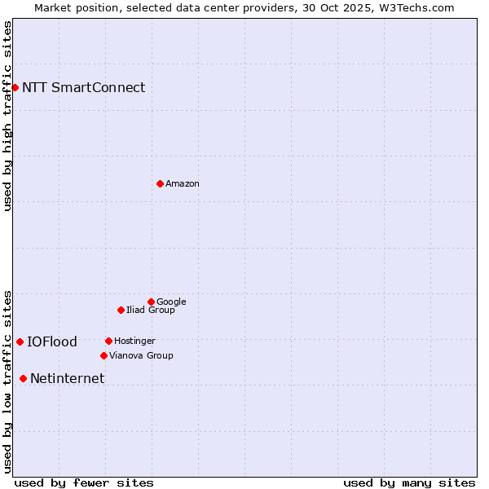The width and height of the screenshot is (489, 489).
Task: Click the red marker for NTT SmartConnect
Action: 15,87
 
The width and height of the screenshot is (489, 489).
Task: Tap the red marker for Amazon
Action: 160,183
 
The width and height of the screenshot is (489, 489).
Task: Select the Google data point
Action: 151,302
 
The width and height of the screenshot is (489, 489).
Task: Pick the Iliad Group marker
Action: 121,310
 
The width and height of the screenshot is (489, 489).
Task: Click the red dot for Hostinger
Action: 108,341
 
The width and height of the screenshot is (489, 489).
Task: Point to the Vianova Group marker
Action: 104,355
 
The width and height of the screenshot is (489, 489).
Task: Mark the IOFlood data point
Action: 20,341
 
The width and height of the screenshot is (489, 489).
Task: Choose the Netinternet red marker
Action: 23,378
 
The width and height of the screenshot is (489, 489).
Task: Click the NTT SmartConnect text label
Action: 83,87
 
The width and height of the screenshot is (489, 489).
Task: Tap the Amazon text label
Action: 183,183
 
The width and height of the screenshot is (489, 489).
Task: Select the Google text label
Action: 171,302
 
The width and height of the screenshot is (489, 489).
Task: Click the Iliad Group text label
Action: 151,310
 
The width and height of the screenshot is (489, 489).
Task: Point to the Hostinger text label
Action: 134,341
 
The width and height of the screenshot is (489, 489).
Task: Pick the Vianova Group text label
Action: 141,355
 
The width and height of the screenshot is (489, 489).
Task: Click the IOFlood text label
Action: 52,341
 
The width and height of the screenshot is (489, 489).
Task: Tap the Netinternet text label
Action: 67,378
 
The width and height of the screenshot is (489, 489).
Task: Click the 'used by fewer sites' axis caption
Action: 84,482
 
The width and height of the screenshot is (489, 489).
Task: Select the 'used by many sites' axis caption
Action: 409,482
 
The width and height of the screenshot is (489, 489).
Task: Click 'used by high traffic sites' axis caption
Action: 7,116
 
